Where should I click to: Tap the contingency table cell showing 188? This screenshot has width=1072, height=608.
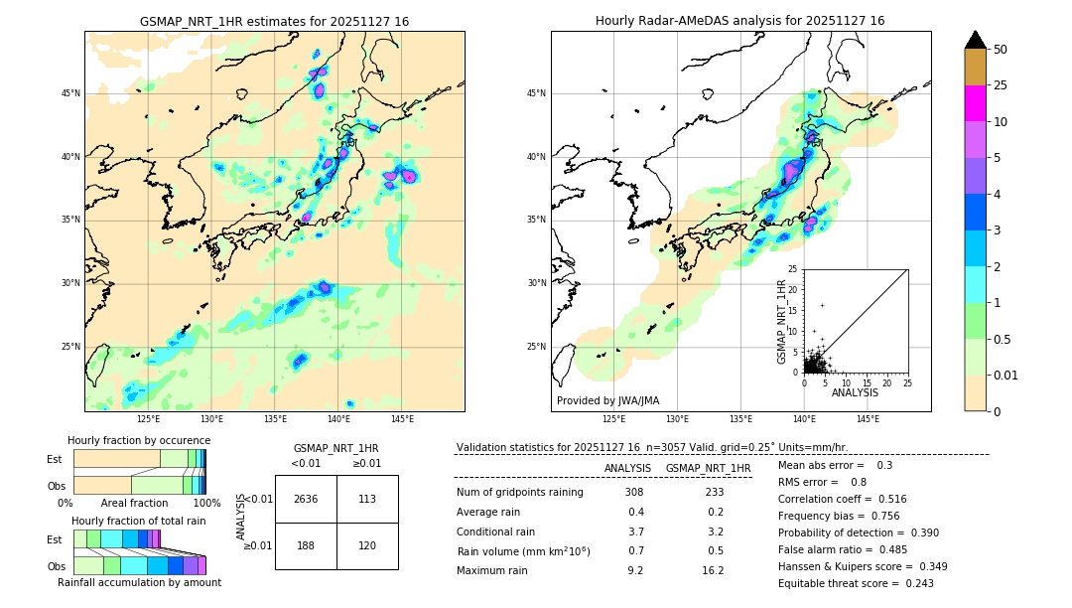(x=306, y=545)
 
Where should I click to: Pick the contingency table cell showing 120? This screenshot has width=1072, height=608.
(x=367, y=545)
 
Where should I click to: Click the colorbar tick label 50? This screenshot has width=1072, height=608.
(x=1001, y=49)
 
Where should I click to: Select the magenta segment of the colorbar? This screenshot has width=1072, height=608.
(x=975, y=103)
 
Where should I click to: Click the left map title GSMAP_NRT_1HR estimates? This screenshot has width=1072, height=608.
(x=274, y=22)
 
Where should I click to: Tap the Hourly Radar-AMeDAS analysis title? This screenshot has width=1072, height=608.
(x=739, y=21)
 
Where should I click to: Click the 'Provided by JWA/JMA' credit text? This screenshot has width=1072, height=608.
(x=607, y=401)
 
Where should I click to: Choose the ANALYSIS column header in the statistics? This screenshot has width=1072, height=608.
(x=627, y=468)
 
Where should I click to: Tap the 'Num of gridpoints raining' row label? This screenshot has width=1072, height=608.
(x=519, y=493)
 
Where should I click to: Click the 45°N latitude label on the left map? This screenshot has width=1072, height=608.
(x=70, y=93)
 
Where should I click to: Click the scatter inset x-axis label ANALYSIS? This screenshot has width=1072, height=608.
(x=855, y=392)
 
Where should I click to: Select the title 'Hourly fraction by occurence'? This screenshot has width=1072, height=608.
(x=139, y=441)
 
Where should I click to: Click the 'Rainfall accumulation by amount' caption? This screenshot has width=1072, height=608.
(x=139, y=583)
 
